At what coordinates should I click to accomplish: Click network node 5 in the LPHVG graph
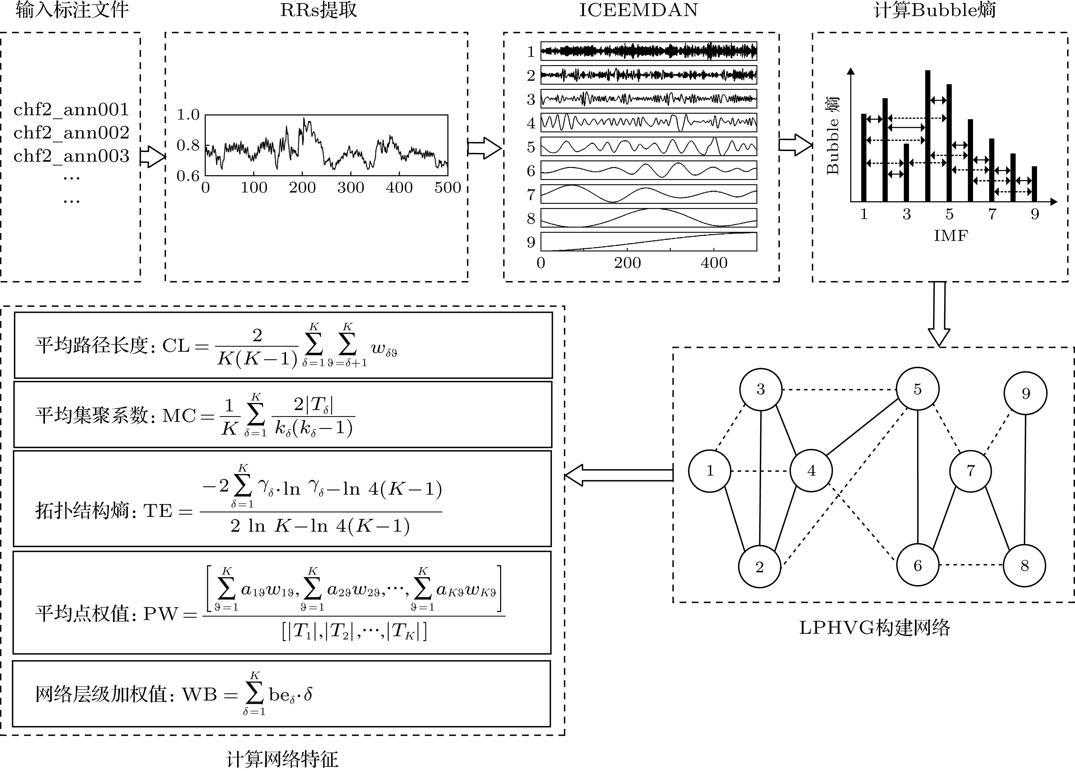click(x=917, y=389)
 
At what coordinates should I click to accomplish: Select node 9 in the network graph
click(x=1025, y=393)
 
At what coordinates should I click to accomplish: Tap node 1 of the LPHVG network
click(x=710, y=471)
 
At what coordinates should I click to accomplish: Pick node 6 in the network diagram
click(x=917, y=565)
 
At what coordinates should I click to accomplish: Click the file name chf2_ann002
click(x=71, y=133)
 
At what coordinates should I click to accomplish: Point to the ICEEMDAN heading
click(x=638, y=10)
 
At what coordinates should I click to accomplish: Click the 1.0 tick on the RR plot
click(x=188, y=115)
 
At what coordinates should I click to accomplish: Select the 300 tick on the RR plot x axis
click(x=351, y=188)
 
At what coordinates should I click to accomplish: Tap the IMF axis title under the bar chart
click(x=950, y=236)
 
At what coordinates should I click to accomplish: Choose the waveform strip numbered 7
click(x=648, y=194)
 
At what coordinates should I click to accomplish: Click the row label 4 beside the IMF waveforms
click(x=531, y=123)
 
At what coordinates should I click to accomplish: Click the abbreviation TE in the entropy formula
click(x=157, y=511)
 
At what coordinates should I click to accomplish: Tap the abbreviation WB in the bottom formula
click(x=200, y=695)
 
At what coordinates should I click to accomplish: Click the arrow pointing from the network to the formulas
click(x=619, y=475)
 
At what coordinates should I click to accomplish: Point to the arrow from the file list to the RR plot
click(x=153, y=157)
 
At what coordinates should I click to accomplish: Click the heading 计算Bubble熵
click(x=935, y=10)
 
